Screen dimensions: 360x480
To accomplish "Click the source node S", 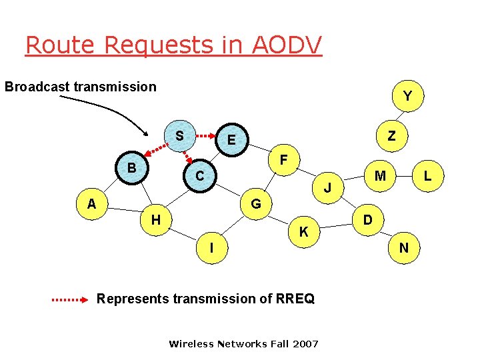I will coord(179,136).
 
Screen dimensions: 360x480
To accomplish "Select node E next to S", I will coord(231,140).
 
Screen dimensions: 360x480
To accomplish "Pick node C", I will coord(199,177).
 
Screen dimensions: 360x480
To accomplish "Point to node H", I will coord(155,219).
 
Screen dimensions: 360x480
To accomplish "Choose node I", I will coord(212,247).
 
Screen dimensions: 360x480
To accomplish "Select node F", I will coord(284,161).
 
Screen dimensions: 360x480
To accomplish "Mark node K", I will coord(303,233).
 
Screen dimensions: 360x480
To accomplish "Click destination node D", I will coord(367,219).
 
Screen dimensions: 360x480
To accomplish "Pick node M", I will coord(380,176).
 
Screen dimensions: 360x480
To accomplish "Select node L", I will coord(428,176).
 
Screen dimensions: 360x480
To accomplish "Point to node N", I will coord(404,248).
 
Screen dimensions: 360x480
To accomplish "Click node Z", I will coord(392,136).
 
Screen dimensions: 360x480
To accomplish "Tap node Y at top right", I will coord(407,97).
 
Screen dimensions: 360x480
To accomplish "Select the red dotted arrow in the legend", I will coord(69,299).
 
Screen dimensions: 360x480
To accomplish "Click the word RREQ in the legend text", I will coord(293,299).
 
